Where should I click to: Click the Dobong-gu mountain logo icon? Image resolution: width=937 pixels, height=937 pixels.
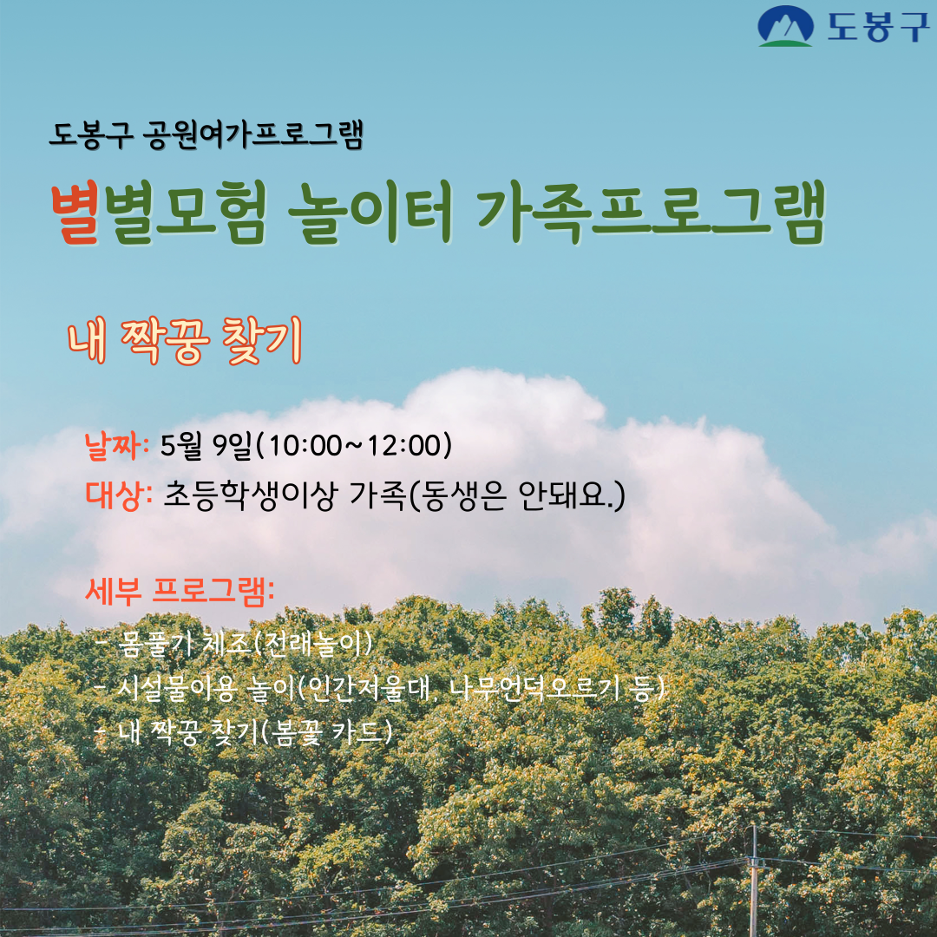[785, 27]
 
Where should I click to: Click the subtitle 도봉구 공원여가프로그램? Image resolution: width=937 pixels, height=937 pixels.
[205, 135]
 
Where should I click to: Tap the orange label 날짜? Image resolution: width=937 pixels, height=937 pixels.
[117, 446]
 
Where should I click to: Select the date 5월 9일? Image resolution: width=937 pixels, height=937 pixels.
[206, 446]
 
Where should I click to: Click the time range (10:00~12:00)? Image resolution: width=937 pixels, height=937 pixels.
[355, 446]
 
